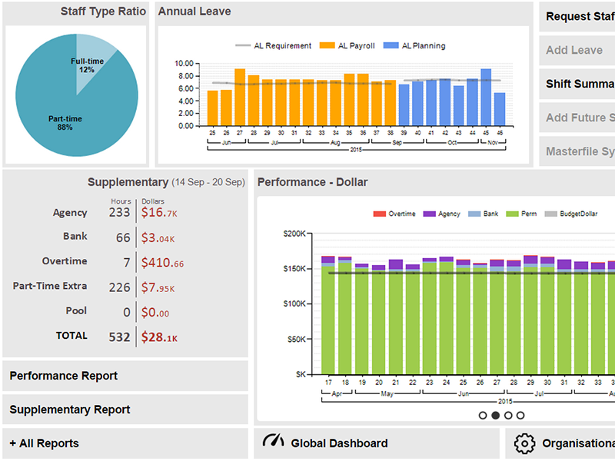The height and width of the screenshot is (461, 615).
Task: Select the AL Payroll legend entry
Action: point(347,46)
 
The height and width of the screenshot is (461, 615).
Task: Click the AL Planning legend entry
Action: point(414,46)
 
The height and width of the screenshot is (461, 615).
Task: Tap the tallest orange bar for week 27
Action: point(240,98)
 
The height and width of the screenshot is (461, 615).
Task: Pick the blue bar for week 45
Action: point(486,98)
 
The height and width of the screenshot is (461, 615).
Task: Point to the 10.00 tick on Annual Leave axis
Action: point(184,64)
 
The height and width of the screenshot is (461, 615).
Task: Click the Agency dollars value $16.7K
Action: point(159,213)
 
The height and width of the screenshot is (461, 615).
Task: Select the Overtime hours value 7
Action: point(127,262)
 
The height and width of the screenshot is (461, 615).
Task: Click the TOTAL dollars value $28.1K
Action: point(159,337)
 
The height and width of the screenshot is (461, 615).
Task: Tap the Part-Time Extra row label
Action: point(50,286)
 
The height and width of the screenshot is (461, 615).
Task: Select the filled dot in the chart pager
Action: point(495,415)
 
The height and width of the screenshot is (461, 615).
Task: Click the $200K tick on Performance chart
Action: point(294,234)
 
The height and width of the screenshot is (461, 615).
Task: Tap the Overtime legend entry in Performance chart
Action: point(394,214)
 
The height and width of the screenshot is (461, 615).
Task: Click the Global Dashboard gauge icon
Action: point(274,441)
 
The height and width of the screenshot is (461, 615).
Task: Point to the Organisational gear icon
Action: point(524,443)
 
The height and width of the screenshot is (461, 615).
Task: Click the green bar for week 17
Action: point(328,320)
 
